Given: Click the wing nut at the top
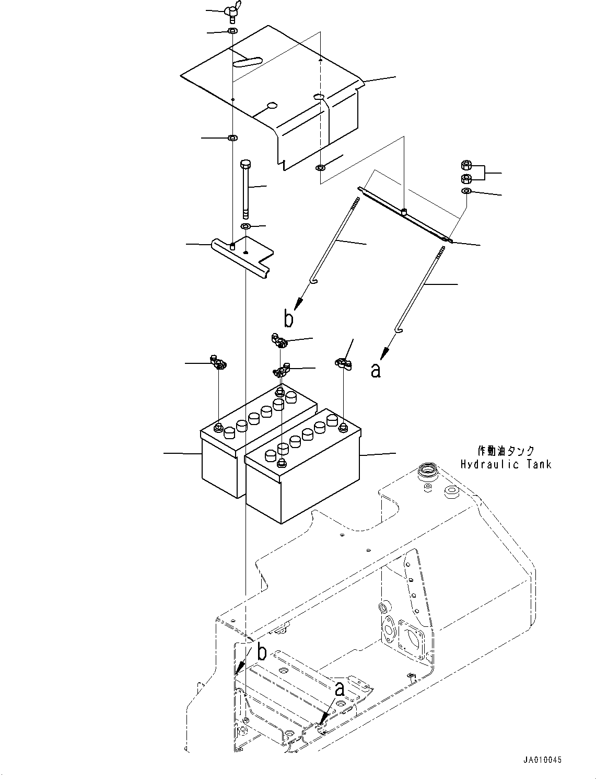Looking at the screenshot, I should pos(231,10).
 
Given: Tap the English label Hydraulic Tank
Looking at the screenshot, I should pos(506,464).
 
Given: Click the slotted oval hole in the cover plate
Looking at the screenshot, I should pos(247,62).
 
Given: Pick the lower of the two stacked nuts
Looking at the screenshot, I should pos(466,179).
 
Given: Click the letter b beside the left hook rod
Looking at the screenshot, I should pos(288,318).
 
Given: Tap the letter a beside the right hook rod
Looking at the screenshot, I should pos(375,370).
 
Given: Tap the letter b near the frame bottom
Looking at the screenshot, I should pos(262,652).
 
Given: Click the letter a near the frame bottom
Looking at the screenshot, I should pos(340,689).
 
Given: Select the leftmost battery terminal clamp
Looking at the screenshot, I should pos(217,362).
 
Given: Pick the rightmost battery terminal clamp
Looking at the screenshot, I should pos(342,362).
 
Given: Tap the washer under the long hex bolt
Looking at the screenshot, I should pos(244,226).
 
